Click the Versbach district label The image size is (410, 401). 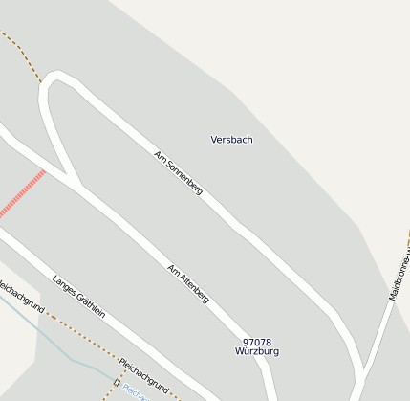pyautogui.click(x=231, y=140)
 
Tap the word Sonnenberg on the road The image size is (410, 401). pyautogui.click(x=184, y=177)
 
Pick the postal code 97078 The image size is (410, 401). pyautogui.click(x=257, y=342)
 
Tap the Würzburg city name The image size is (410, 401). pyautogui.click(x=257, y=351)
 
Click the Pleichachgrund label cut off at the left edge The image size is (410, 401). pyautogui.click(x=21, y=295)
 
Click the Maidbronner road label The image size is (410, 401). pyautogui.click(x=399, y=274)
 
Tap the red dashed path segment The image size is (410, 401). pyautogui.click(x=23, y=194)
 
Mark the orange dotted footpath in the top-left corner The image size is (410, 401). pyautogui.click(x=21, y=53)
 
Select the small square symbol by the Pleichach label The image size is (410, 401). pyautogui.click(x=117, y=383)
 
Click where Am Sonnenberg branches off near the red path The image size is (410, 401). pyautogui.click(x=75, y=181)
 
